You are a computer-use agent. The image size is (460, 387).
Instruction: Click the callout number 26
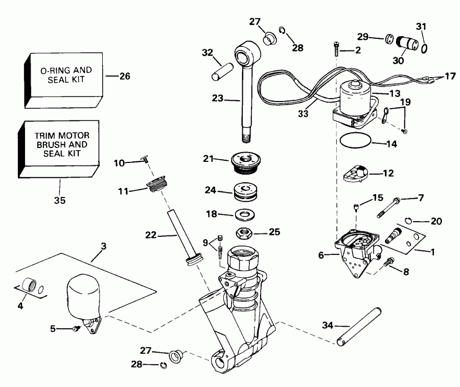tap(125, 76)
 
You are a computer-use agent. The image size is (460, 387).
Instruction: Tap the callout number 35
tap(60, 200)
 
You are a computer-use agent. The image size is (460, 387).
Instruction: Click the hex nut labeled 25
tap(244, 233)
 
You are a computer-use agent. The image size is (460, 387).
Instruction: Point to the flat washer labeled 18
tap(245, 215)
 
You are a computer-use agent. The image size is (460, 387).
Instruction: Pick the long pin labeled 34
tap(359, 326)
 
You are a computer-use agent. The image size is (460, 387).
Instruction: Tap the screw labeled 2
tap(336, 49)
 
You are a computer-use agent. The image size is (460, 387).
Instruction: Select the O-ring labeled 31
tap(424, 48)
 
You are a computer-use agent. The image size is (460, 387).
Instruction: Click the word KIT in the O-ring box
tap(78, 80)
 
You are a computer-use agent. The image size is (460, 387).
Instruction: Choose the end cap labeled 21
tap(246, 162)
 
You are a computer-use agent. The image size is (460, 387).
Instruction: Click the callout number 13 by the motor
tap(395, 93)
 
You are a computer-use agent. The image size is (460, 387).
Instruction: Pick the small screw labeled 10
tap(145, 158)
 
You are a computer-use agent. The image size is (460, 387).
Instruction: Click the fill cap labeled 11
tap(156, 184)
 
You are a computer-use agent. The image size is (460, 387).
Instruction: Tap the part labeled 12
tap(356, 173)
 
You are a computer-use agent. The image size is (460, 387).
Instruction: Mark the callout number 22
tap(151, 235)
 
